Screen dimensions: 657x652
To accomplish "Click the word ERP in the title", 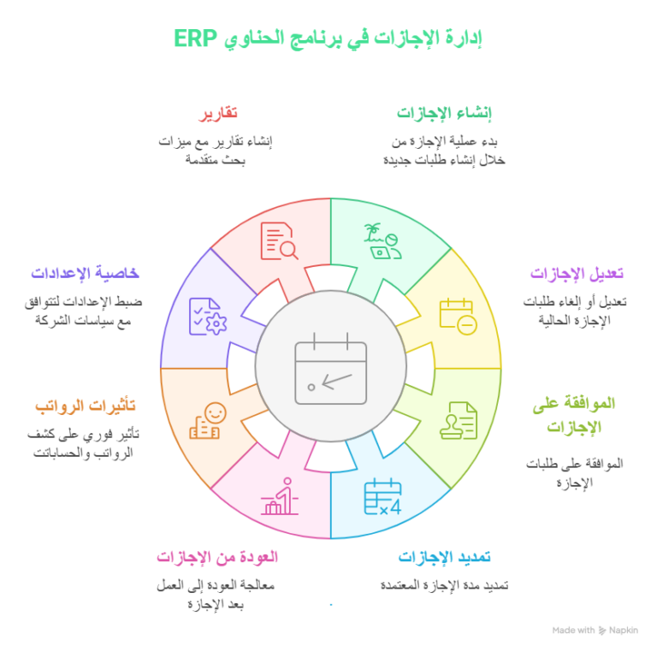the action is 195,39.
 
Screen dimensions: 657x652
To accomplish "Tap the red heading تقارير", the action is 218,114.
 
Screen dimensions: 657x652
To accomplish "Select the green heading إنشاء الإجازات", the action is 444,113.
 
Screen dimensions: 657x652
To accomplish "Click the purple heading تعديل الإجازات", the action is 577,273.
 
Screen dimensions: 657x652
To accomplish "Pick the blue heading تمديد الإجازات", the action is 444,557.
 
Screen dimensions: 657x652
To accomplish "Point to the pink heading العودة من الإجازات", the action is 217,557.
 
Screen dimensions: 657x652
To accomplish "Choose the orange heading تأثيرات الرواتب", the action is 86,406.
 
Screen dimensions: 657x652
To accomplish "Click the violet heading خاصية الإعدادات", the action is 85,273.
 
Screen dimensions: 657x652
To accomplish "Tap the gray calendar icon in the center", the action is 330,368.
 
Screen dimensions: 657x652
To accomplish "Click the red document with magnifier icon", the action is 279,241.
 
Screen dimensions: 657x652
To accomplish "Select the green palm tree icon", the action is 382,241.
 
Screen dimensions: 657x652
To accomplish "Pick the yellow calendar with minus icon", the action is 458,317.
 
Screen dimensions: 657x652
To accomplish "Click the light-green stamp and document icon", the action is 459,420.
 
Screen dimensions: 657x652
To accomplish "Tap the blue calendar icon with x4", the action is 382,496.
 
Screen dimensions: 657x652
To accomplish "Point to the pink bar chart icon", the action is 280,496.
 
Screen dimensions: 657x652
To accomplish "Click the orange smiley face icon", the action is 208,421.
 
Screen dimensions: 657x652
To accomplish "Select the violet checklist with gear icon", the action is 208,317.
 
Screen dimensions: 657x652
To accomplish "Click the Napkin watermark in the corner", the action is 595,631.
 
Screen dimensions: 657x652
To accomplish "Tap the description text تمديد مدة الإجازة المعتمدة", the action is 445,585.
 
